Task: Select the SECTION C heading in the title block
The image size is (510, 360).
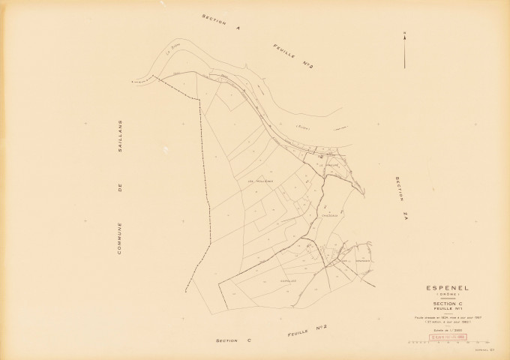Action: [x=448, y=304]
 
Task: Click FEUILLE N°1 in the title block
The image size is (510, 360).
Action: [x=448, y=309]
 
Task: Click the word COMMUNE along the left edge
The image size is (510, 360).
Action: [x=119, y=236]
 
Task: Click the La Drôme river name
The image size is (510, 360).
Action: [x=171, y=51]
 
